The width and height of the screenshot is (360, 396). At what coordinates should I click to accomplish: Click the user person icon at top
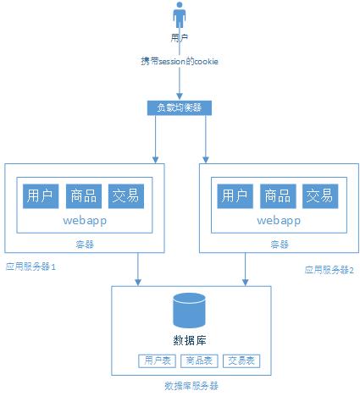point(180,17)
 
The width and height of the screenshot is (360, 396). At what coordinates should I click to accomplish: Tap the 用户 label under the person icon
point(180,38)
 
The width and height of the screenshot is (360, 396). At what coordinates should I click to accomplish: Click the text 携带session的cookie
point(180,62)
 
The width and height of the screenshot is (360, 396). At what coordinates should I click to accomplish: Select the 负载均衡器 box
point(180,107)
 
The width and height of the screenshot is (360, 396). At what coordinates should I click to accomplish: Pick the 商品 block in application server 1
point(83,196)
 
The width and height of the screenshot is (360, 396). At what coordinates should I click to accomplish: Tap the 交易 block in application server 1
point(125,196)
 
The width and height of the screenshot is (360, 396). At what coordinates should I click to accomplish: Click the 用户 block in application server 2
point(235,196)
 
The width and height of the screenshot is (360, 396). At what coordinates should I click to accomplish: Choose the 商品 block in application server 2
point(277,196)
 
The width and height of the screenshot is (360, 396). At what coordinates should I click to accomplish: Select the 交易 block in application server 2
point(319,196)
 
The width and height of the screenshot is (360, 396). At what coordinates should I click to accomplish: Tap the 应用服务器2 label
point(330,269)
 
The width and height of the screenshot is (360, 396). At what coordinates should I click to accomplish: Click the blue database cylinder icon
point(191,311)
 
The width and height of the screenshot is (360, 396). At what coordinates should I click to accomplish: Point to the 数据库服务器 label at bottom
point(191,385)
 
